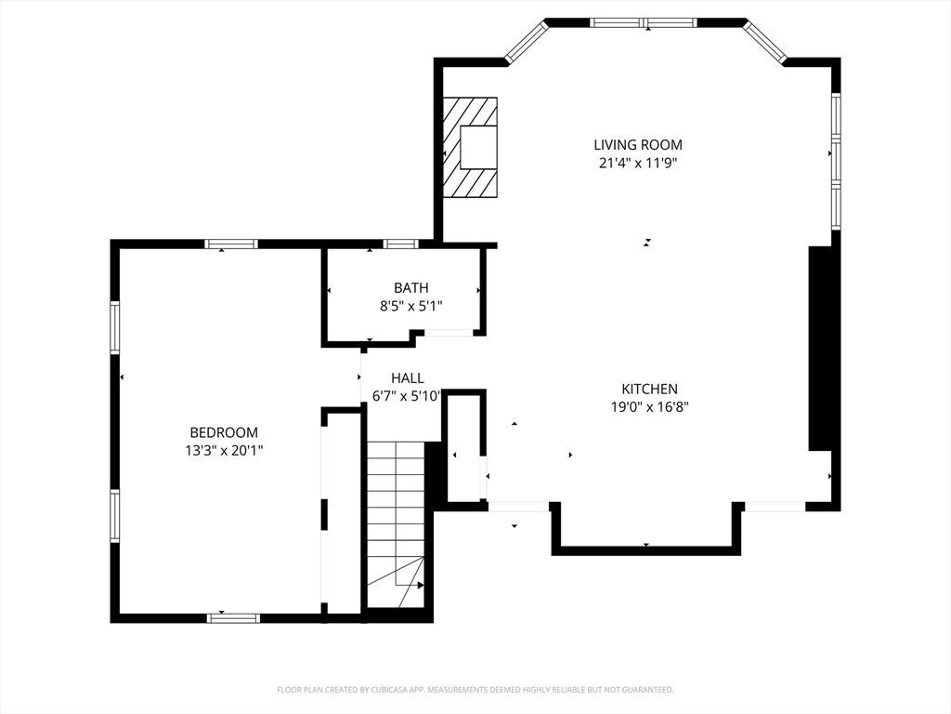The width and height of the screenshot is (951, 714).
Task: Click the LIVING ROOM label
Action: tap(637, 144)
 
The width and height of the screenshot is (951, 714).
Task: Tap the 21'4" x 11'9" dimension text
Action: tap(637, 163)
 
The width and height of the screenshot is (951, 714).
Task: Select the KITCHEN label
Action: tap(649, 389)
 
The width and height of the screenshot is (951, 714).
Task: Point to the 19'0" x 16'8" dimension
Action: tap(649, 407)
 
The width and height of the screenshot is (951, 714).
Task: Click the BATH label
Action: tap(410, 287)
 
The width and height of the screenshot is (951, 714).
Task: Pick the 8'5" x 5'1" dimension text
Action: tap(410, 306)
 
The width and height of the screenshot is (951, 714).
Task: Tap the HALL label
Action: tap(408, 378)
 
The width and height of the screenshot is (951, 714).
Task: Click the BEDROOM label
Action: tap(224, 432)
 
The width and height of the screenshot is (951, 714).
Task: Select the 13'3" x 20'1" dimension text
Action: tap(224, 451)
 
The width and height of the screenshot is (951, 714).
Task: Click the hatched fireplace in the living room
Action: tap(469, 148)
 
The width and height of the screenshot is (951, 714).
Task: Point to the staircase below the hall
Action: tap(397, 523)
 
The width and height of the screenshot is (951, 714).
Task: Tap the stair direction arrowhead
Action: tap(421, 586)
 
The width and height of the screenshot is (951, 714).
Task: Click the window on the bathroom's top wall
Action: tap(401, 245)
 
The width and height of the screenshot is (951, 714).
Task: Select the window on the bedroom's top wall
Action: tap(231, 245)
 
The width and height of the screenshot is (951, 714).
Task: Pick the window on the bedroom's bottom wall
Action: tap(233, 618)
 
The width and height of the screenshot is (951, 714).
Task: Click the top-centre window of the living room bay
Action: tap(644, 22)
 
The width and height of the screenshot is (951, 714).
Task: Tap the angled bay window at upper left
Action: tap(527, 41)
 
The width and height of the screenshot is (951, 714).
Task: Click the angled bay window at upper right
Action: tap(765, 41)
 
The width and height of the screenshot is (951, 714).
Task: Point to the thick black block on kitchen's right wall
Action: tap(820, 349)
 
